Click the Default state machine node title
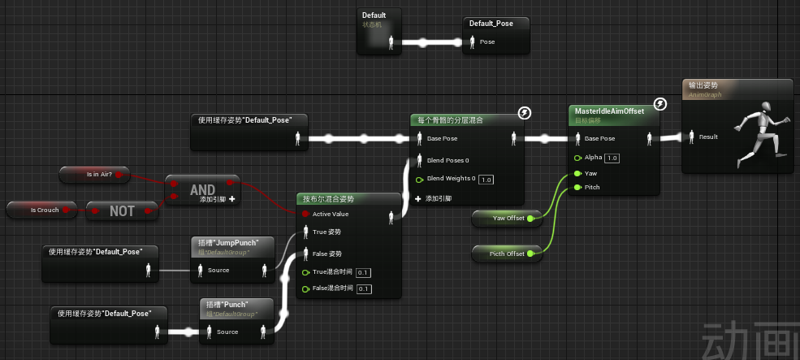pos(374,15)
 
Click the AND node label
pos(202,189)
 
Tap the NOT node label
pos(122,211)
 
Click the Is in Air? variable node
pos(99,174)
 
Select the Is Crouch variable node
pos(45,210)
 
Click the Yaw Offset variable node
pos(508,219)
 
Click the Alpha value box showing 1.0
pos(612,158)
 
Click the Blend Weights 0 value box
pos(486,179)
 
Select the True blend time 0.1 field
pos(363,272)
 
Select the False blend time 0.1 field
pos(364,288)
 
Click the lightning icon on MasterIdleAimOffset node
pos(661,104)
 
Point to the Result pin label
pos(708,137)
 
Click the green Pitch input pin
pos(577,188)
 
